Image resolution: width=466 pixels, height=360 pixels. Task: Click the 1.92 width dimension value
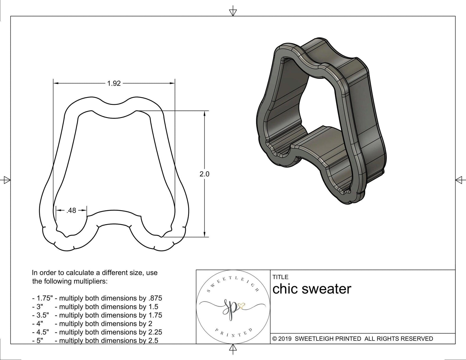click(114, 84)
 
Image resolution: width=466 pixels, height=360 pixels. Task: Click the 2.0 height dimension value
click(204, 174)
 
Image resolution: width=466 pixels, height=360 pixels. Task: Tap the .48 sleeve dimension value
click(71, 210)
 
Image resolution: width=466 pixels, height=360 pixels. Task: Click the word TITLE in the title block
click(280, 277)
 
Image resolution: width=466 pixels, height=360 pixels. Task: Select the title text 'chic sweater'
click(312, 289)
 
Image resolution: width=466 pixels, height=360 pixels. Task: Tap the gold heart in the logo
click(241, 306)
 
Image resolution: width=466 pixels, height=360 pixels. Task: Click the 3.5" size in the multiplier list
click(43, 315)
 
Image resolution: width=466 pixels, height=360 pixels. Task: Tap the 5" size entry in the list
click(40, 340)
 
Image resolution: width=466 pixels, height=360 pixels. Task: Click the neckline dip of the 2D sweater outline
click(114, 102)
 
